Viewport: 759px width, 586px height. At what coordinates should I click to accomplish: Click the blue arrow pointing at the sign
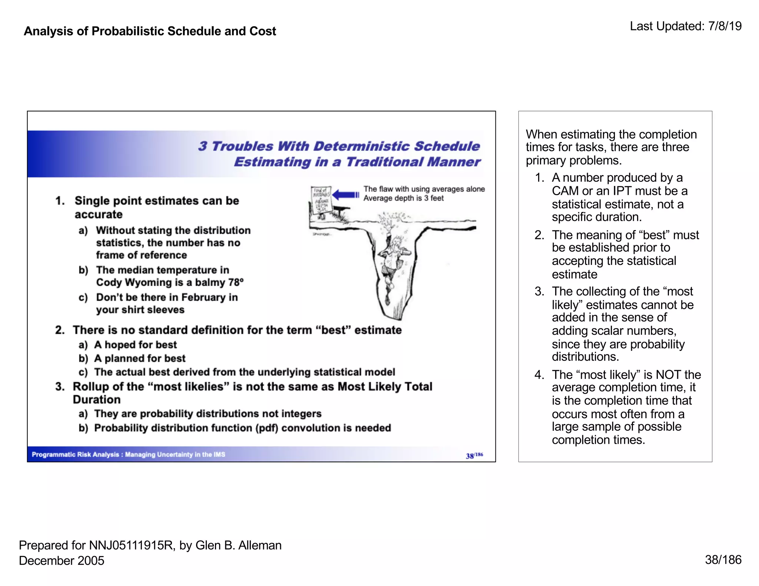click(345, 195)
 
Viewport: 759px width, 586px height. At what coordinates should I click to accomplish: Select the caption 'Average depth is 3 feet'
click(403, 198)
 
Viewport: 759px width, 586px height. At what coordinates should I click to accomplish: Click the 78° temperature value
click(236, 282)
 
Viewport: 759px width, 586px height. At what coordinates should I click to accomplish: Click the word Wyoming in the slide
click(148, 282)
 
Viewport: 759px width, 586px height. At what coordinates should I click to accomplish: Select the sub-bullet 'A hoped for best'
click(135, 345)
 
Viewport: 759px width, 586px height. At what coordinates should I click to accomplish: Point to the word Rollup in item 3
click(90, 386)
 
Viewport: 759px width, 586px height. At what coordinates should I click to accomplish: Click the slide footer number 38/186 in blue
click(474, 455)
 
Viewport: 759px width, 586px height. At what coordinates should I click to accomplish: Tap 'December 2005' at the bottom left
click(62, 560)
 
